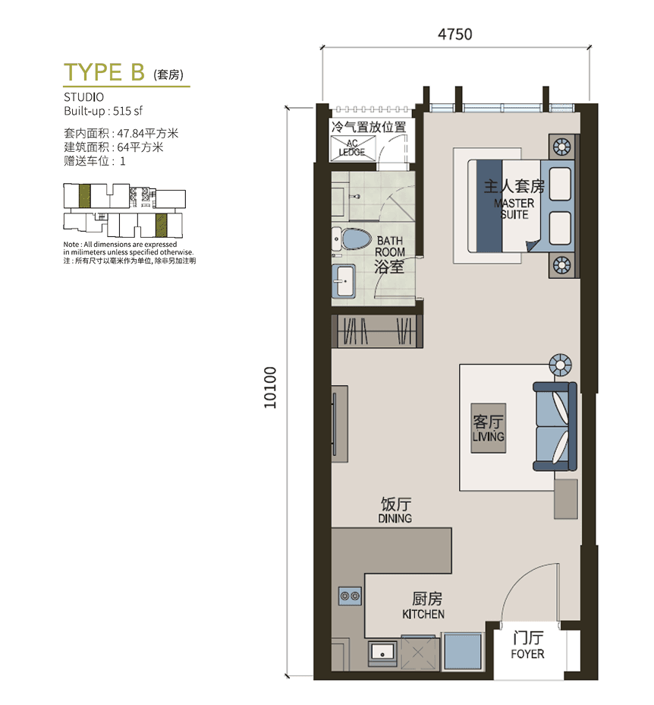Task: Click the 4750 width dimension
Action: (x=455, y=35)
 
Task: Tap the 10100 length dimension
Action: (x=270, y=387)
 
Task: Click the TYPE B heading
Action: (x=104, y=72)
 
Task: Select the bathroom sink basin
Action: (x=344, y=281)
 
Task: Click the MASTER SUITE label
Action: (x=514, y=209)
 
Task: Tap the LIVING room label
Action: (x=489, y=436)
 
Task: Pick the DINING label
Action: (x=395, y=518)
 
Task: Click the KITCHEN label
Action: (x=423, y=614)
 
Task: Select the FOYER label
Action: (x=527, y=654)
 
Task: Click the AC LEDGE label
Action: (x=352, y=148)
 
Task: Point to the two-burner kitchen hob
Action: (x=350, y=596)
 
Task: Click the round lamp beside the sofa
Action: (x=561, y=364)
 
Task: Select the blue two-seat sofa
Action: (x=555, y=427)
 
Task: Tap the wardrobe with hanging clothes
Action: (x=377, y=331)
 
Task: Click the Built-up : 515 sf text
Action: (x=103, y=111)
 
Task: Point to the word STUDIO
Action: (x=83, y=97)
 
